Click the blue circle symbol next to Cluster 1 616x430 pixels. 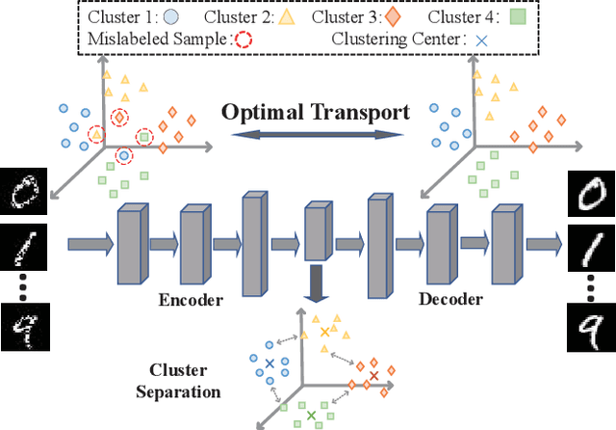(170, 17)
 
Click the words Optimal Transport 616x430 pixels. (316, 112)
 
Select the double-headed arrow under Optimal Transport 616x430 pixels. (316, 138)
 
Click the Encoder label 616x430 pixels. (191, 300)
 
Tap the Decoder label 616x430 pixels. (450, 300)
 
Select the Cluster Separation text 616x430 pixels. (185, 380)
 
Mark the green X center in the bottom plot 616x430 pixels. (310, 414)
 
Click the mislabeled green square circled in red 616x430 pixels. (144, 137)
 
